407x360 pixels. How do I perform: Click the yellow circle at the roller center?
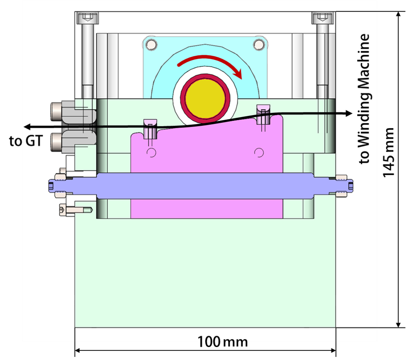tap(205, 99)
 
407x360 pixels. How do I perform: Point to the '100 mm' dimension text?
tap(223, 339)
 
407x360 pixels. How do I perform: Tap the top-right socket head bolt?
tap(321, 18)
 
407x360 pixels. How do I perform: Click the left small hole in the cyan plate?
tap(152, 44)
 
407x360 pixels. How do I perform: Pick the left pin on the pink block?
tap(150, 129)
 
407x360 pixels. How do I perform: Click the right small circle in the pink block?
tap(260, 153)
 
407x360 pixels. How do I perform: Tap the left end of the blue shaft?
tap(51, 185)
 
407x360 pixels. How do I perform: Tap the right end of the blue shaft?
tap(349, 185)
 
